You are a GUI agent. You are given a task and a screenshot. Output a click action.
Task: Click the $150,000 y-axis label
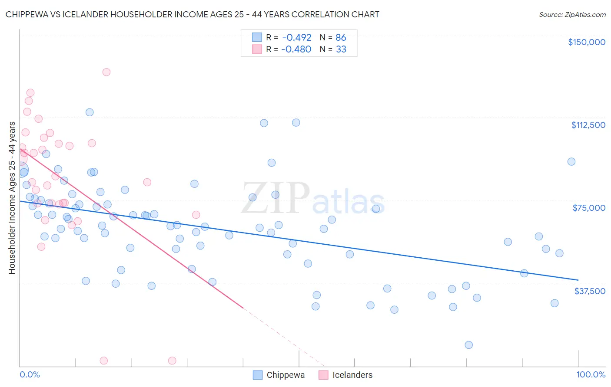(586, 42)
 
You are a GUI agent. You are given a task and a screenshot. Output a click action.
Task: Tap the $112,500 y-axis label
(588, 125)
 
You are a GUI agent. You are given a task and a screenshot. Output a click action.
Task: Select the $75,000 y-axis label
(589, 208)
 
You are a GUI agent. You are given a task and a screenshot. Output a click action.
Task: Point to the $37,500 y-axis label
(590, 291)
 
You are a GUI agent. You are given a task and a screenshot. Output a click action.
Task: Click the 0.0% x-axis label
(30, 374)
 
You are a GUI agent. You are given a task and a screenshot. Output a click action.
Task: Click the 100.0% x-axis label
(591, 374)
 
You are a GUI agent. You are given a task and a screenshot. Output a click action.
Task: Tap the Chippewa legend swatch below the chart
(257, 375)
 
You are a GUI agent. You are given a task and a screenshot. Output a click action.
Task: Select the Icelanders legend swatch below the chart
(323, 375)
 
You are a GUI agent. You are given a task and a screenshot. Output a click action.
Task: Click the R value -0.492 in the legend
(296, 37)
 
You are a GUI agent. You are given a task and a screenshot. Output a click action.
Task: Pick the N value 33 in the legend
(341, 49)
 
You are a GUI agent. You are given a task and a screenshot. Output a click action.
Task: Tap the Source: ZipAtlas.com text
(572, 15)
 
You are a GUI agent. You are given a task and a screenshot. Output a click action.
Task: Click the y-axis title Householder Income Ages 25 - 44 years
(12, 198)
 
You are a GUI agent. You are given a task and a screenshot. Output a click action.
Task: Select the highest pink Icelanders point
(106, 72)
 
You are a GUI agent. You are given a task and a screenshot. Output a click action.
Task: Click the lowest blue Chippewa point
(468, 345)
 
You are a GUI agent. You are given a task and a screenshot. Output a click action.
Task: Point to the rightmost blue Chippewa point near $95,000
(571, 161)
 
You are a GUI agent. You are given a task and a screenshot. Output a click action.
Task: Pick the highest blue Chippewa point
(90, 112)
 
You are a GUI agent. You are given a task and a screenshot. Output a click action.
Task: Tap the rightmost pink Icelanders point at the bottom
(172, 361)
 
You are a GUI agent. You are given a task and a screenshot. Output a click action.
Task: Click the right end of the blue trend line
(578, 280)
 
